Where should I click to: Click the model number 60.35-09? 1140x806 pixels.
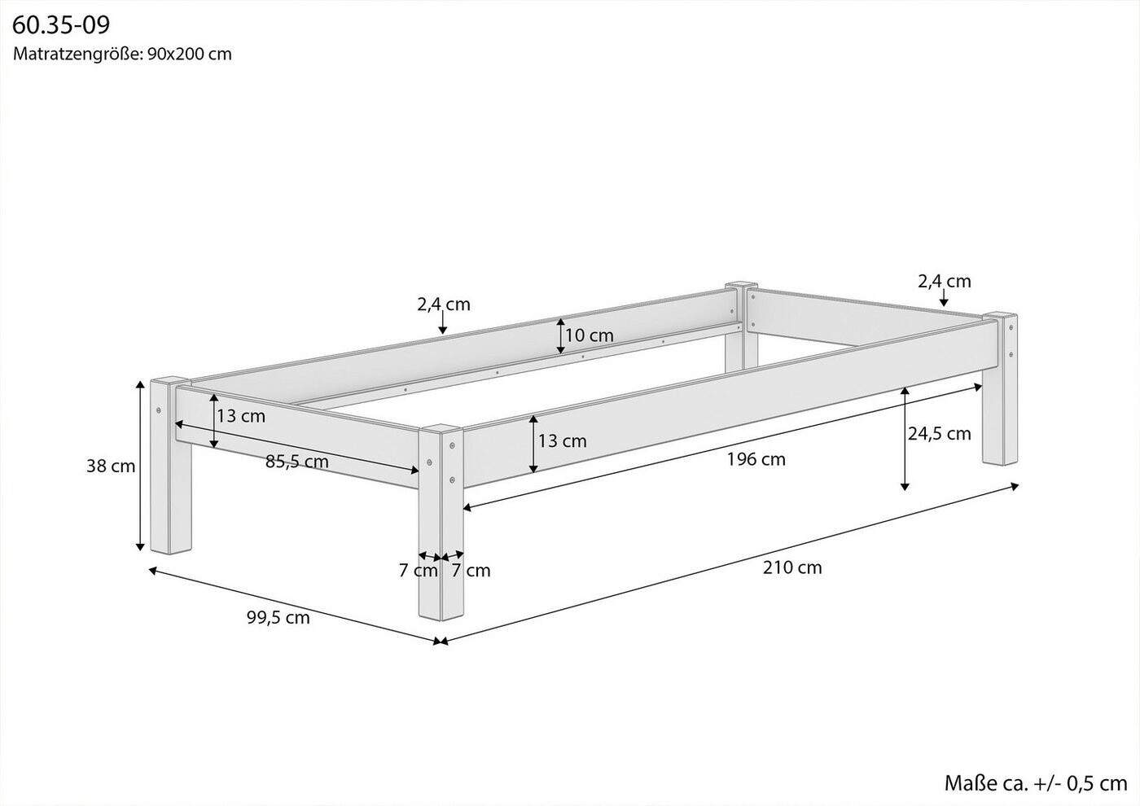pos(60,25)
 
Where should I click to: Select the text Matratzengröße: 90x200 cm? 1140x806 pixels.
pos(122,54)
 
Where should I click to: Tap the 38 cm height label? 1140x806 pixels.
pos(111,466)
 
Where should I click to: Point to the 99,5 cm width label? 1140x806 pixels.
pos(278,617)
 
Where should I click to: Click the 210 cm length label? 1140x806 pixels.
pos(791,567)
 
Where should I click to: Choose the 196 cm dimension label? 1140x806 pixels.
pos(756,459)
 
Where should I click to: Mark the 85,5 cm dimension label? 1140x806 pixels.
pos(296,462)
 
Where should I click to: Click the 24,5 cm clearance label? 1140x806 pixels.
pos(939,433)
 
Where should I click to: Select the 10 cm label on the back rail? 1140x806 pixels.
pos(590,335)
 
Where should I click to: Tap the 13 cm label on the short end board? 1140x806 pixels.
pos(241,416)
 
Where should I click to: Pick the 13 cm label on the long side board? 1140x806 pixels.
pos(563,440)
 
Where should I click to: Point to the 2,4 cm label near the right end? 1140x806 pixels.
pos(945,282)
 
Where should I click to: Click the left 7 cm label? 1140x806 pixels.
pos(418,571)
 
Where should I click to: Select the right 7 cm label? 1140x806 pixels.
pos(471,571)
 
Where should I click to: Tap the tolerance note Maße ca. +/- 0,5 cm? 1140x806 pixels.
pos(1036,783)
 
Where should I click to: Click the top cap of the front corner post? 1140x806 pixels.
pos(441,428)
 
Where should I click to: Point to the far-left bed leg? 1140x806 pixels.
pos(171,466)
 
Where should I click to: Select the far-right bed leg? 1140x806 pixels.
pos(1000,389)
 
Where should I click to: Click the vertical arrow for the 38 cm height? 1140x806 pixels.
pos(140,466)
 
